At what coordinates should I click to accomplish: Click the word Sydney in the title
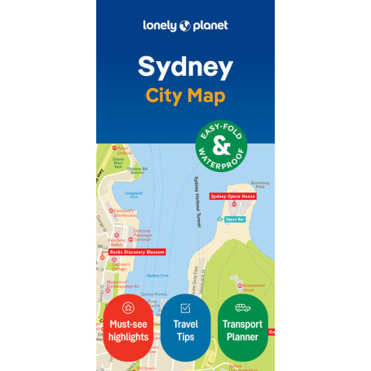(x=185, y=65)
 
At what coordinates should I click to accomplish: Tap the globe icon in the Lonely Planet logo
(x=185, y=25)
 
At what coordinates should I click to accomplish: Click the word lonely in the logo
(x=160, y=25)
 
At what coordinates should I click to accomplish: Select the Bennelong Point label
(x=259, y=184)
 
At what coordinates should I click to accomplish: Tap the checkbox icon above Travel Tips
(x=185, y=308)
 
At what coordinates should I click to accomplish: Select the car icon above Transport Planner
(x=243, y=308)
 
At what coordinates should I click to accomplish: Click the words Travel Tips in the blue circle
(x=185, y=330)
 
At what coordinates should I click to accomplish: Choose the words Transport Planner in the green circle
(x=243, y=330)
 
